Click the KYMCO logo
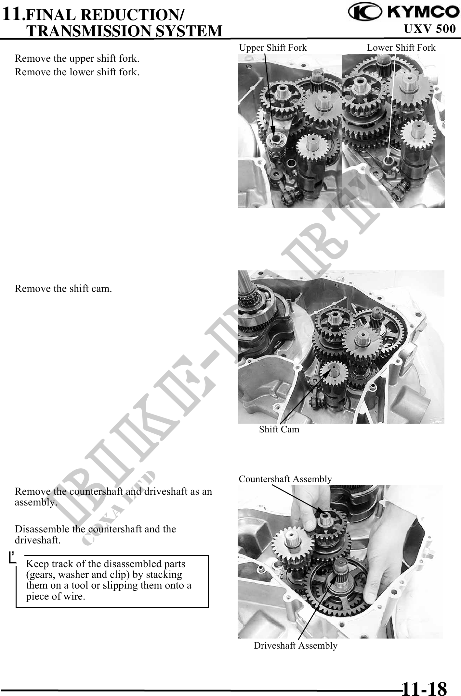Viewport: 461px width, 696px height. point(402,12)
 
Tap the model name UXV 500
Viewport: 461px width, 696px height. point(429,29)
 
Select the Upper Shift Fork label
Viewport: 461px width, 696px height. point(273,48)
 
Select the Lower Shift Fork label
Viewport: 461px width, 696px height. point(401,48)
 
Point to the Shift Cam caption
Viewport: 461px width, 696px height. point(279,429)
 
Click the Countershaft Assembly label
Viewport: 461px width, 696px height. point(285,479)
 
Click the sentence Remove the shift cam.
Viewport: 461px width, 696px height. point(63,288)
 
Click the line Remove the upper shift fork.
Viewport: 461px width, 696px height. point(77,58)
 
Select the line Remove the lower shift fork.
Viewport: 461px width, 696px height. point(77,72)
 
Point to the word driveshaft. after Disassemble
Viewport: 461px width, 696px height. point(38,541)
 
